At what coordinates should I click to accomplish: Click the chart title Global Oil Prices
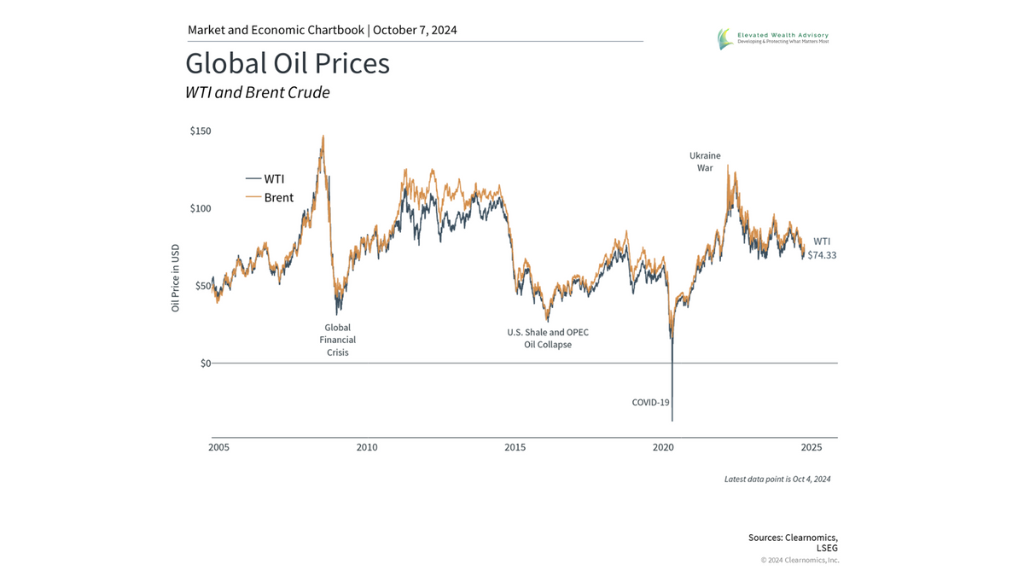(x=288, y=64)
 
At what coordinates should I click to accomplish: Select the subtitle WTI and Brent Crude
(x=257, y=93)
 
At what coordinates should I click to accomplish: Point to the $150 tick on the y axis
(x=201, y=131)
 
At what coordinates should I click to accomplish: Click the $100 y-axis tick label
(x=201, y=208)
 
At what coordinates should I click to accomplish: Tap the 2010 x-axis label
(x=367, y=447)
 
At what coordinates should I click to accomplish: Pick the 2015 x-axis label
(x=515, y=447)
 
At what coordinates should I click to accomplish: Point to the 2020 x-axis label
(x=664, y=447)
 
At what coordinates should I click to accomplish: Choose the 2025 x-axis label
(x=812, y=447)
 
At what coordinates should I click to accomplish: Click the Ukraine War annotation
(x=705, y=162)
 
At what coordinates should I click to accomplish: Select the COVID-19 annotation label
(x=650, y=402)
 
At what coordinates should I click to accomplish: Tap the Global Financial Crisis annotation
(x=337, y=340)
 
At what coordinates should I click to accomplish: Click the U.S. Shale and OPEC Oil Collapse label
(x=547, y=338)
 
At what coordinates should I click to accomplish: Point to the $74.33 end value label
(x=822, y=255)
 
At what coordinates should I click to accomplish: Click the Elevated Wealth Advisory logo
(x=773, y=38)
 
